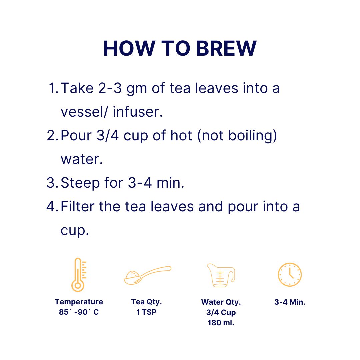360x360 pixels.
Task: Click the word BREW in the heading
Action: [226, 48]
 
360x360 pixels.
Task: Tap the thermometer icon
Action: [79, 275]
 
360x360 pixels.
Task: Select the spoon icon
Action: [147, 275]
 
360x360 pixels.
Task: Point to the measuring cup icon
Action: [221, 275]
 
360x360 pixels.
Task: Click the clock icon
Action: [290, 275]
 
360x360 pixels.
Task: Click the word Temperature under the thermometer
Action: [79, 302]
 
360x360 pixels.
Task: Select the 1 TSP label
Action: [146, 312]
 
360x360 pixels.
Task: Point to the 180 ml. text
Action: [221, 323]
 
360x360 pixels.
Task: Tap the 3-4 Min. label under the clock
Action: [290, 302]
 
